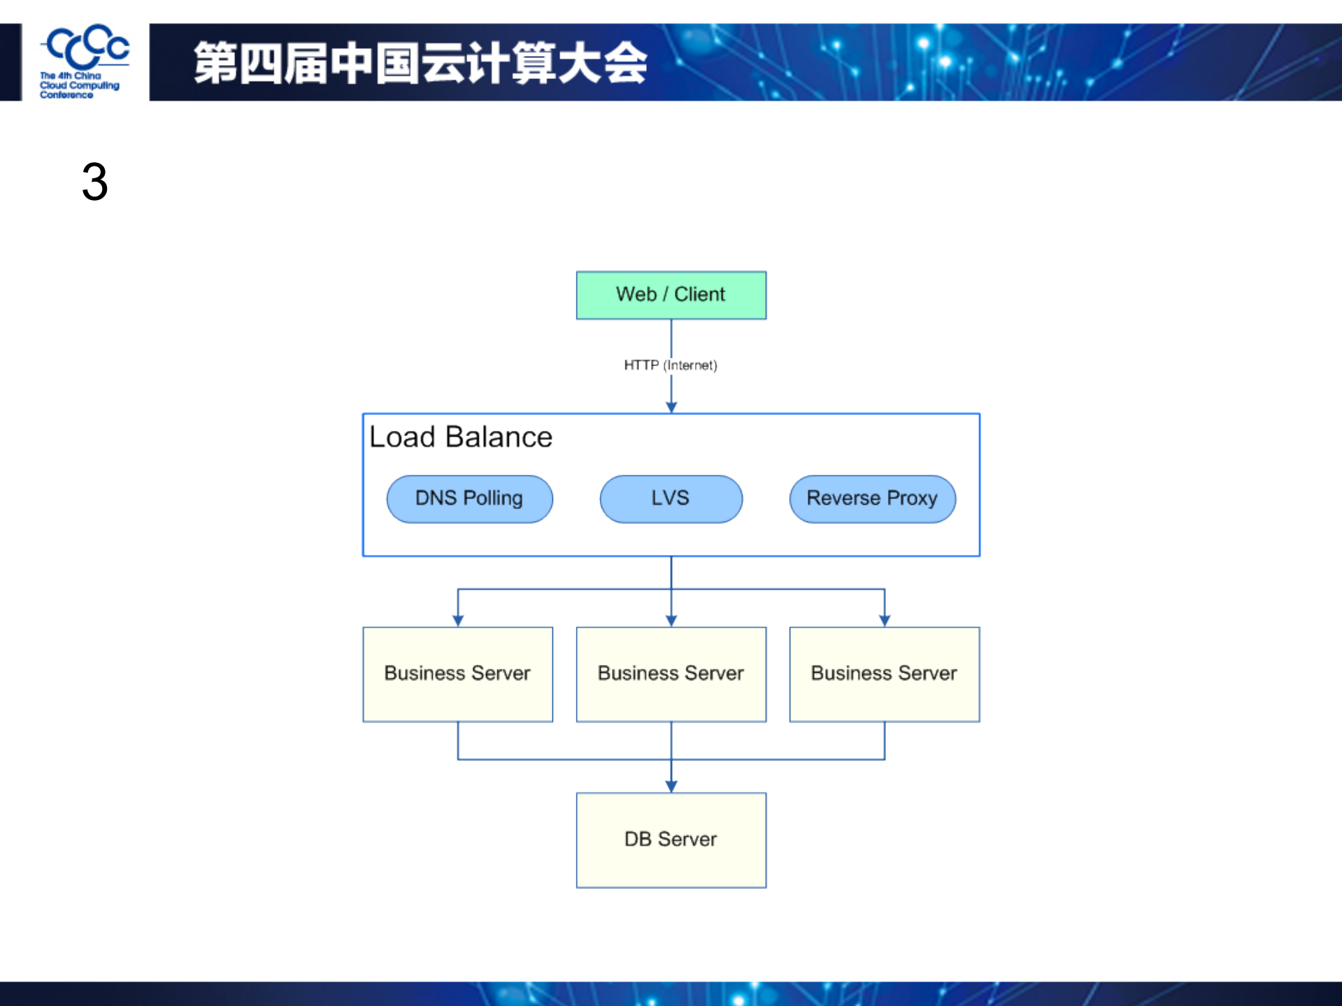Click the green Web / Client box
pos(671,295)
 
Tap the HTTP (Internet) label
pos(670,365)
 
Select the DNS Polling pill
pos(469,498)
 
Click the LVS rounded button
pos(671,498)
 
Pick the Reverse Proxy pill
pos(872,498)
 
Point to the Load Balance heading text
pos(460,437)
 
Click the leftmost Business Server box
pos(457,674)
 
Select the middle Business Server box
pos(671,674)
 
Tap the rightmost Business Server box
pos(884,674)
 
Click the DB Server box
pos(671,840)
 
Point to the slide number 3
pos(94,182)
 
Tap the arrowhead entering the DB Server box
pos(671,786)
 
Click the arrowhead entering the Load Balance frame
pos(671,408)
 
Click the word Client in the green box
pos(699,294)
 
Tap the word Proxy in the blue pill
pos(912,498)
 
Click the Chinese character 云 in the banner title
pos(444,63)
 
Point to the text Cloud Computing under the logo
pos(79,85)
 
